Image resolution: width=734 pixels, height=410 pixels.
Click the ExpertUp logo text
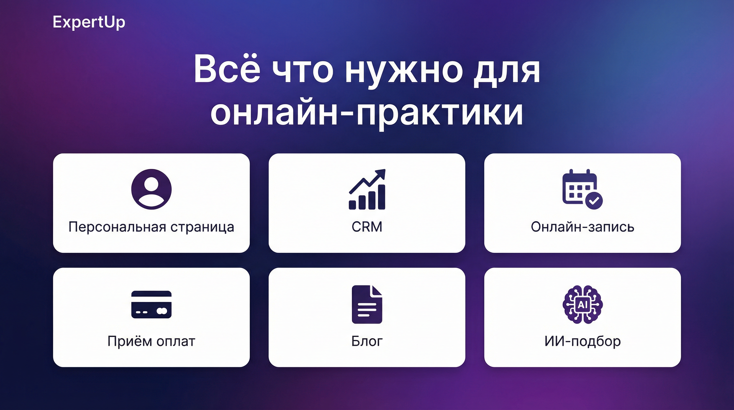[x=89, y=22]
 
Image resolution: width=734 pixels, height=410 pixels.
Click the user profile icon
[x=151, y=189]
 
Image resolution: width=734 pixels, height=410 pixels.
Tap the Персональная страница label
[x=151, y=227]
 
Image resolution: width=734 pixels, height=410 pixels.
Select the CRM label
[x=367, y=227]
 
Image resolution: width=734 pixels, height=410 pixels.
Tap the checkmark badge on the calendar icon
[x=594, y=201]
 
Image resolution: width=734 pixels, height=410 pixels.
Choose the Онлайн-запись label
[x=583, y=227]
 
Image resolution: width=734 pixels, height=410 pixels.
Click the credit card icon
[x=151, y=305]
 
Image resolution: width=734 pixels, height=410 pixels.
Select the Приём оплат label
[x=151, y=341]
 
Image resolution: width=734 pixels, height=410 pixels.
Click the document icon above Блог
[x=367, y=305]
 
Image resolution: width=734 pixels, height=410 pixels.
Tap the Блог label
[x=367, y=341]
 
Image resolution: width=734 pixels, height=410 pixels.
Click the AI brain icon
[x=583, y=305]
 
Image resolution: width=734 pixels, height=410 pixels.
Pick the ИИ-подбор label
[x=583, y=341]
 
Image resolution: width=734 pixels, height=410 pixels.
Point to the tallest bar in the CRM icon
[x=381, y=197]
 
